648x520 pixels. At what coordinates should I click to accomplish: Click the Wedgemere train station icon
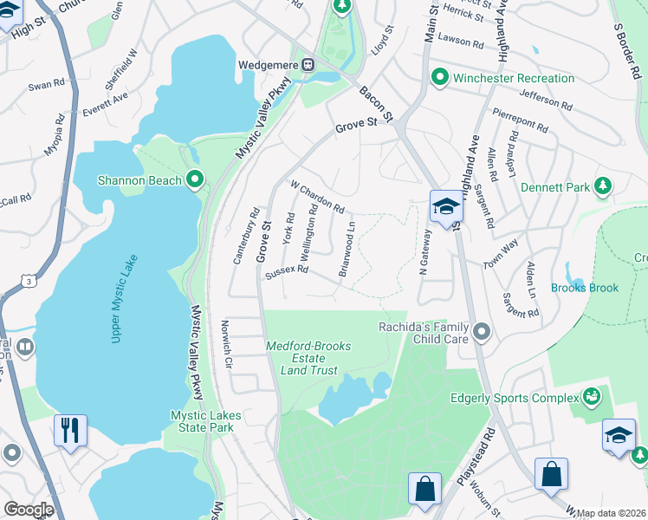point(308,65)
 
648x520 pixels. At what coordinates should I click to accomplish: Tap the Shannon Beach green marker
point(195,180)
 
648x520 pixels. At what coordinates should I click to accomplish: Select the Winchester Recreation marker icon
point(439,78)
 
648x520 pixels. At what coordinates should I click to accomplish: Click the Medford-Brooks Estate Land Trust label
point(308,358)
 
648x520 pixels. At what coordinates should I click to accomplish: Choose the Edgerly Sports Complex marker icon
point(593,398)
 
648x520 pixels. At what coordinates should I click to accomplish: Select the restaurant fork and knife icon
point(69,429)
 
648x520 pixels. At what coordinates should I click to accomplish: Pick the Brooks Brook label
point(585,288)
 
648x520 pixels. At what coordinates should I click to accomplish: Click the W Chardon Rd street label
point(318,198)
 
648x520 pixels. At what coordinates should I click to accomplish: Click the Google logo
point(29,510)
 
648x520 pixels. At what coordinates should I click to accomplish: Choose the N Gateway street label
point(424,259)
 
